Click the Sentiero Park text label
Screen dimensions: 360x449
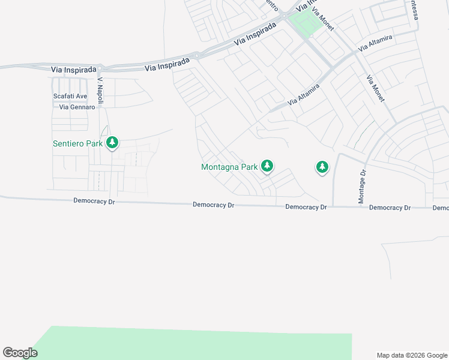click(x=77, y=143)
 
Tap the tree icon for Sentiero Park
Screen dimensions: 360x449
click(x=112, y=143)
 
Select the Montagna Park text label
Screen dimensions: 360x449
click(x=229, y=167)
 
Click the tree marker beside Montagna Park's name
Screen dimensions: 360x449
click(x=267, y=166)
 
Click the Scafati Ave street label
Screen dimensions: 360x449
click(x=70, y=96)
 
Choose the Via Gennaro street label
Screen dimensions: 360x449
click(x=77, y=107)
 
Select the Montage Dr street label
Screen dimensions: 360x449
click(x=362, y=187)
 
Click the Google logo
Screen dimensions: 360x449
click(x=20, y=353)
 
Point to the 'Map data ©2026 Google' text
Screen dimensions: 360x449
click(x=412, y=355)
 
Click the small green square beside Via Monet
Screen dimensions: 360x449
click(x=305, y=24)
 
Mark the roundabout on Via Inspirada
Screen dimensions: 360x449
click(x=197, y=55)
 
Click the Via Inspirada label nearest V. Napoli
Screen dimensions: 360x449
click(x=74, y=69)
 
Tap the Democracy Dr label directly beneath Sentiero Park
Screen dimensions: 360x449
click(x=94, y=202)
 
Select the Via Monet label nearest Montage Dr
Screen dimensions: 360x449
click(x=375, y=88)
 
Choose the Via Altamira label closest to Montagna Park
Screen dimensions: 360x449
click(x=304, y=95)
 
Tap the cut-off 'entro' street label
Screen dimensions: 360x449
click(x=271, y=5)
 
